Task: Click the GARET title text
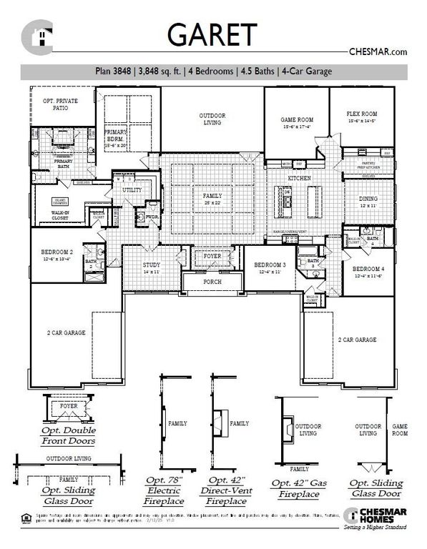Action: [212, 34]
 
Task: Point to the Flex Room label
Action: [361, 114]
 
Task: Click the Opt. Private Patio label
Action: [61, 105]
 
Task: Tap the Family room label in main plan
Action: [212, 195]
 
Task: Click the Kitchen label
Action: [298, 177]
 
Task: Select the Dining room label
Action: [368, 199]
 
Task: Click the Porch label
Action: [212, 282]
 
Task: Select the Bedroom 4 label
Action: [367, 269]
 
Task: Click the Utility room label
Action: [132, 191]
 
